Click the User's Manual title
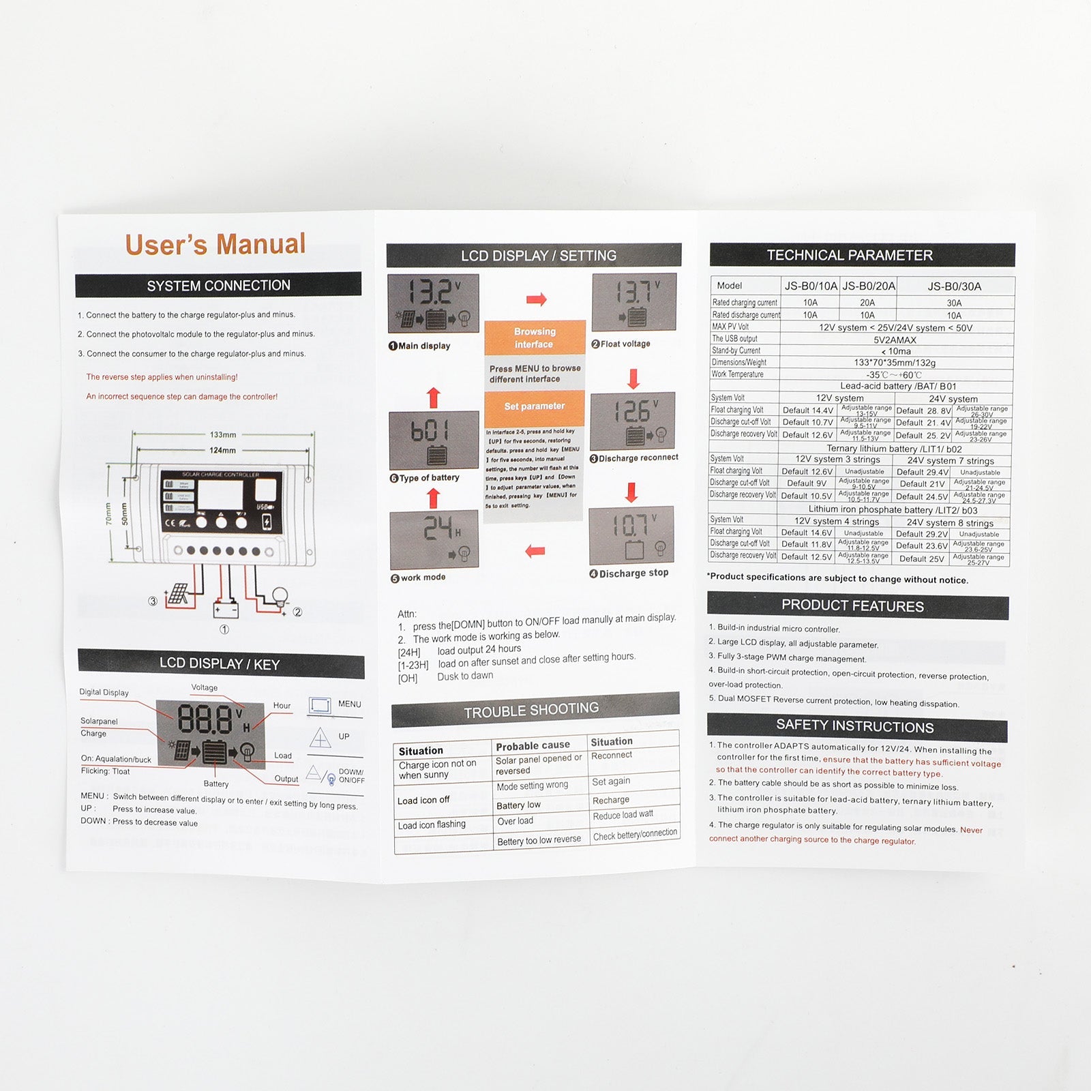coord(215,244)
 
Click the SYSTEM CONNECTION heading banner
coord(218,285)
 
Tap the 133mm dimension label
coord(223,434)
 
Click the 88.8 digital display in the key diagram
coord(205,719)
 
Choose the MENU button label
coord(349,704)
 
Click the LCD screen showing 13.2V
coord(433,303)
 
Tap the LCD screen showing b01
coord(433,440)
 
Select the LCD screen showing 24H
coord(434,539)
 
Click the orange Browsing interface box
coord(535,338)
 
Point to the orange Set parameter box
coord(535,406)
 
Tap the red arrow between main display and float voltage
coord(537,299)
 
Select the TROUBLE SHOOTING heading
coord(532,711)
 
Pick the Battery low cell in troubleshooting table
coord(519,805)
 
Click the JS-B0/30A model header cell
coord(954,286)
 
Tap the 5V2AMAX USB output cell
coord(895,340)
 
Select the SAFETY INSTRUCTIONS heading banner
coord(855,726)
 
